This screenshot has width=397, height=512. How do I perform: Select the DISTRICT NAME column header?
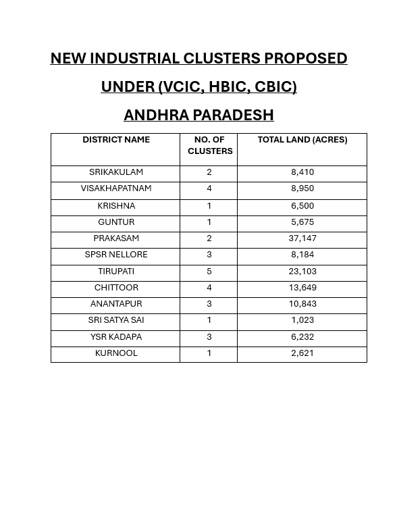point(116,140)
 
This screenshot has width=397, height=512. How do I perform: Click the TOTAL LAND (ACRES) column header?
point(302,140)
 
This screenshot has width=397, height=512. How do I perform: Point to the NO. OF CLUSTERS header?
point(209,145)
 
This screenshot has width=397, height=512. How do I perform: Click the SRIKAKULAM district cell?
point(116,172)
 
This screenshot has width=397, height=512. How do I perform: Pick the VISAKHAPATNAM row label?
point(116,188)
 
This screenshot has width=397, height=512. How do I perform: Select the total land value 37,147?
point(302,238)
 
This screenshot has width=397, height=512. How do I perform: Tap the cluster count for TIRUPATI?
point(209,272)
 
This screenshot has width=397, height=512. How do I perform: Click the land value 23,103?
point(302,272)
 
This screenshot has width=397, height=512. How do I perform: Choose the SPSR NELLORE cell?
point(116,255)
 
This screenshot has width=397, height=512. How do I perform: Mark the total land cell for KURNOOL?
point(302,353)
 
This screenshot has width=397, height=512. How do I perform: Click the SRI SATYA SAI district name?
point(116,320)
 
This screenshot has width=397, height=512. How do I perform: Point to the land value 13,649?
point(302,288)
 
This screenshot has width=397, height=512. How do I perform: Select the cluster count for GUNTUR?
point(209,222)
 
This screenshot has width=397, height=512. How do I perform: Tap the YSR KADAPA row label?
point(116,337)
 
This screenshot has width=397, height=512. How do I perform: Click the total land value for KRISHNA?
point(302,206)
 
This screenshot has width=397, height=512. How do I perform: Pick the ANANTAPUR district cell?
point(116,304)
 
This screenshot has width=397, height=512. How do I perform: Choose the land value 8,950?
point(302,188)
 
